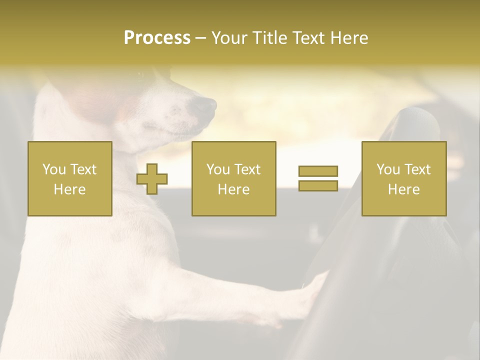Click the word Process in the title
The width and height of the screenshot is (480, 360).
pos(157,38)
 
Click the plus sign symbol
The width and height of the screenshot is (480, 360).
pos(152,179)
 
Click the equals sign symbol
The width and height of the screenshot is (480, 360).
pos(318,178)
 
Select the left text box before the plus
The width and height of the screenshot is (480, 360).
pos(69,178)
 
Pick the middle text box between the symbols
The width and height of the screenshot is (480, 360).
pos(233,178)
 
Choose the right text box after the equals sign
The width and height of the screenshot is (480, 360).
pos(403,178)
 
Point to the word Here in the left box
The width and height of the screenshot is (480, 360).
pos(69,189)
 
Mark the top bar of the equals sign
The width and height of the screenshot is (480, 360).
pos(318,171)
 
